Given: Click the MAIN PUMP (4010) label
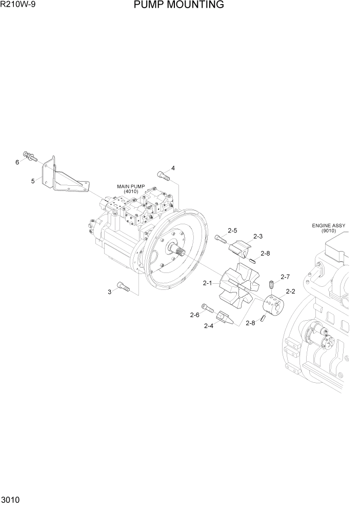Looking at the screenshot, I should [131, 188].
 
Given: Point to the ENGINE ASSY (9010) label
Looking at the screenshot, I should [328, 228].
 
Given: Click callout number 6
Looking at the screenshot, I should [17, 162].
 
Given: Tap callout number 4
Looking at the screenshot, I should [173, 168].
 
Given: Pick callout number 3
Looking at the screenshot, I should [109, 292].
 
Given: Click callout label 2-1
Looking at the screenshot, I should [208, 283].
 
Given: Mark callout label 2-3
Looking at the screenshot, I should [258, 236].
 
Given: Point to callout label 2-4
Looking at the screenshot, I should [209, 325].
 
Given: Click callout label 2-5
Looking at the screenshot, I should [232, 230].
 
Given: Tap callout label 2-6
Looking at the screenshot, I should [194, 315].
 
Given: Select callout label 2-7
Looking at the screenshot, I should [285, 277].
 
